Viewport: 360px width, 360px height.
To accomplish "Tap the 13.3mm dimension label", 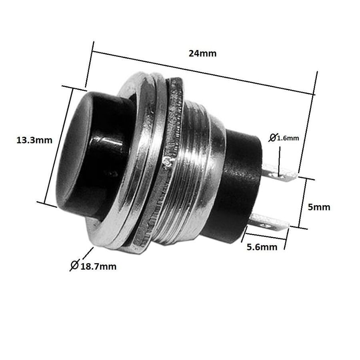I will [x=34, y=140].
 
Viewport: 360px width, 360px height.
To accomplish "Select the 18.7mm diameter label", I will [x=98, y=266].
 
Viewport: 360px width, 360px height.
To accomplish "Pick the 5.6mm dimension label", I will [x=262, y=247].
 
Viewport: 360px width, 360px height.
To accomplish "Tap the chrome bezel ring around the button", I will [x=128, y=168].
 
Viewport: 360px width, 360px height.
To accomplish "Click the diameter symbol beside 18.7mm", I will [x=74, y=265].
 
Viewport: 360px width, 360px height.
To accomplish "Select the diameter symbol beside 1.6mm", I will [x=272, y=138].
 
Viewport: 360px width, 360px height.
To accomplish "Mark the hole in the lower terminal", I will [x=267, y=225].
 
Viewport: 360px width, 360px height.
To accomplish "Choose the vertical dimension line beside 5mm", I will [x=304, y=203].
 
